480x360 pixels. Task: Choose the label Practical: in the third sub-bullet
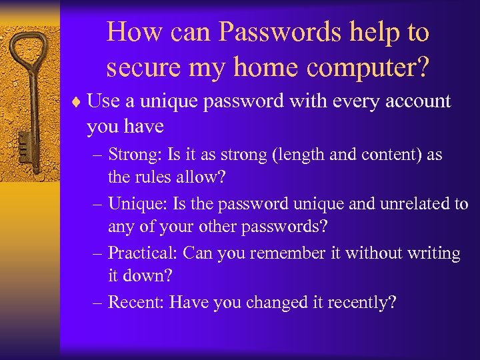coord(143,253)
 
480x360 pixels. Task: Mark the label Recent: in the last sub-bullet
coord(136,303)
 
